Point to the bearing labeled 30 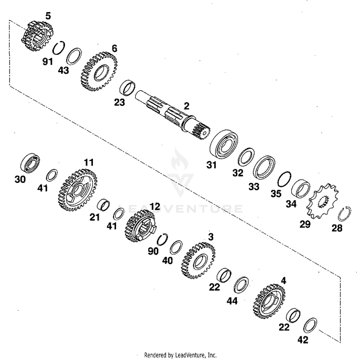(x=31, y=163)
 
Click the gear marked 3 (x=198, y=260)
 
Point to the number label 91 (x=48, y=62)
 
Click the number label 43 (x=64, y=70)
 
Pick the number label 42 (x=302, y=340)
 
